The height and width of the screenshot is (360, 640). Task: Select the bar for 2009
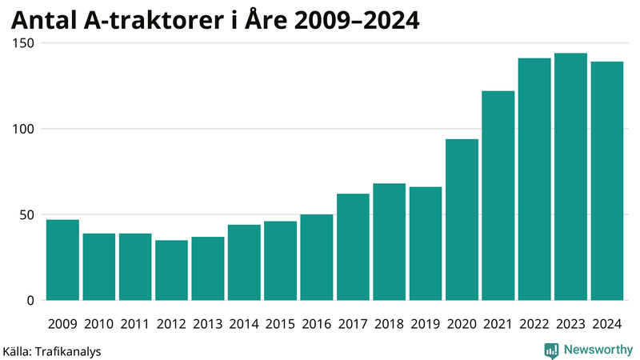click(x=62, y=260)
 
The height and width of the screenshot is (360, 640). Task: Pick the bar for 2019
click(x=425, y=244)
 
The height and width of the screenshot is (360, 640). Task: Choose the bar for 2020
click(x=462, y=220)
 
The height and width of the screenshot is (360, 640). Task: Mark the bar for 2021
click(x=498, y=196)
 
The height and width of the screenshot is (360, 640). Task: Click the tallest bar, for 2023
click(x=570, y=177)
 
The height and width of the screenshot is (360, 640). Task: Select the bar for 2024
click(x=606, y=181)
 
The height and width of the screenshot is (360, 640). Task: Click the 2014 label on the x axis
click(x=243, y=324)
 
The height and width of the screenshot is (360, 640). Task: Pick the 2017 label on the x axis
click(x=352, y=324)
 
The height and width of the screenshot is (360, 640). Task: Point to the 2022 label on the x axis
click(x=534, y=324)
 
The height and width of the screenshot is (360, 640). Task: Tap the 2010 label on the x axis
click(x=98, y=324)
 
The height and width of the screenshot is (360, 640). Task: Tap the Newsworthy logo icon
click(x=551, y=350)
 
